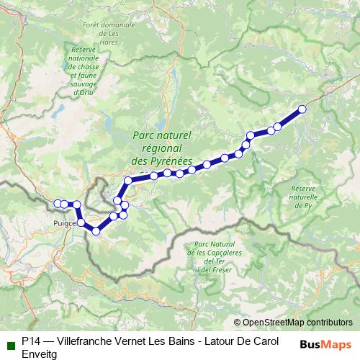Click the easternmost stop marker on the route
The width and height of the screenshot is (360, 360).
[302, 109]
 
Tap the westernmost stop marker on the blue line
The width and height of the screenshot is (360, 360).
[58, 204]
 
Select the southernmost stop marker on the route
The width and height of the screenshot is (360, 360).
[95, 230]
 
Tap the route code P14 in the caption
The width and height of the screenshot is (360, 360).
[31, 340]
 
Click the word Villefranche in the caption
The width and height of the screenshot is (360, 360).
[84, 340]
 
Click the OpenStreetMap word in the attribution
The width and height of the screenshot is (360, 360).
[273, 322]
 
